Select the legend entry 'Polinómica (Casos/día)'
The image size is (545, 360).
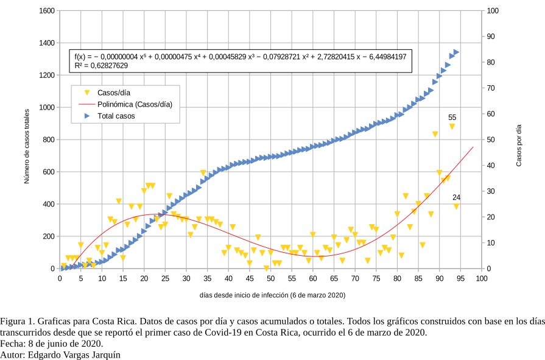pyautogui.click(x=135, y=104)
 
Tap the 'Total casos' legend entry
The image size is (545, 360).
pyautogui.click(x=116, y=116)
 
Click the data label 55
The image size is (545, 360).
pyautogui.click(x=452, y=117)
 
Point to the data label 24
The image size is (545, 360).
pyautogui.click(x=456, y=197)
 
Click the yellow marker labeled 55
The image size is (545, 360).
pyautogui.click(x=452, y=127)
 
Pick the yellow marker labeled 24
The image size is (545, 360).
pyautogui.click(x=456, y=206)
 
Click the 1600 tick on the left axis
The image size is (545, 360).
pyautogui.click(x=46, y=11)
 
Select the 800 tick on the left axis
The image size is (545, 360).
pyautogui.click(x=48, y=139)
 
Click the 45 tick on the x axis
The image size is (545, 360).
pyautogui.click(x=250, y=279)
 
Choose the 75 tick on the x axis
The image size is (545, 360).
pyautogui.click(x=376, y=279)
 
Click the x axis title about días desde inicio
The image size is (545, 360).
pyautogui.click(x=272, y=295)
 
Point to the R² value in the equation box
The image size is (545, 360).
pyautogui.click(x=101, y=65)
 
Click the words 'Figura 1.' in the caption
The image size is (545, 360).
pyautogui.click(x=17, y=320)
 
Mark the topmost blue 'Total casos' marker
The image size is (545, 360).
pyautogui.click(x=456, y=52)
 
